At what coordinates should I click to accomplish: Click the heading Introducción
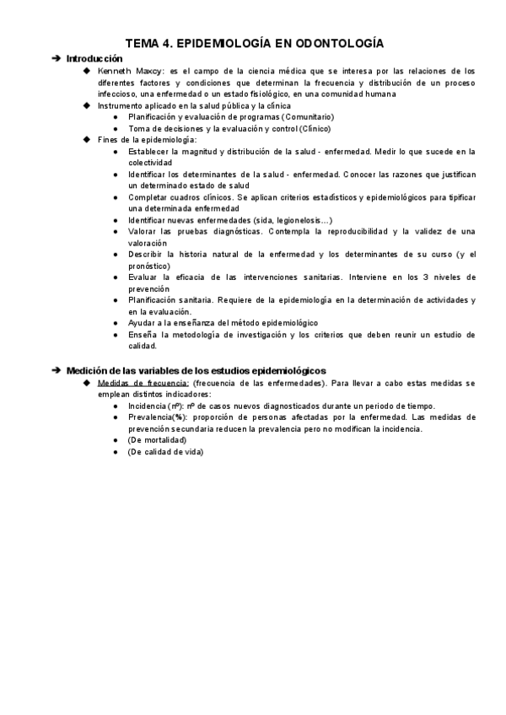pyautogui.click(x=94, y=58)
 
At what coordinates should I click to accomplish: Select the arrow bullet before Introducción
pyautogui.click(x=56, y=58)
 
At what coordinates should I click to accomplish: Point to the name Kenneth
pyautogui.click(x=114, y=71)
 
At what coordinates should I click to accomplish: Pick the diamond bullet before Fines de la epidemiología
pyautogui.click(x=87, y=139)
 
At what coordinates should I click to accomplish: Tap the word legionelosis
pyautogui.click(x=293, y=220)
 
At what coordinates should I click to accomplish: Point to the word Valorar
pyautogui.click(x=142, y=231)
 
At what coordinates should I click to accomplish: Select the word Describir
pyautogui.click(x=145, y=254)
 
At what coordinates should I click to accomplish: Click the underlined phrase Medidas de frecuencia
pyautogui.click(x=133, y=383)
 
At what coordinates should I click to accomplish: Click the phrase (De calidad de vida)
pyautogui.click(x=165, y=451)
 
